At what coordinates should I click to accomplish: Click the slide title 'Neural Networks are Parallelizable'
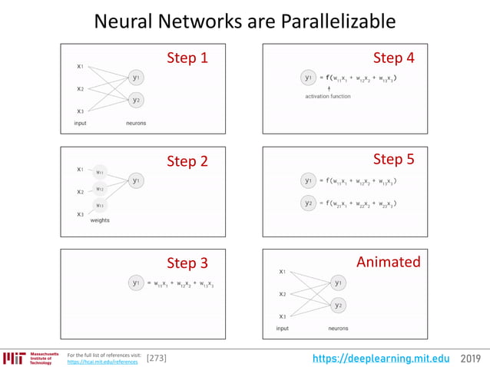click(x=244, y=21)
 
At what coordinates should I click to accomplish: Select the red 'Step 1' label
click(x=187, y=58)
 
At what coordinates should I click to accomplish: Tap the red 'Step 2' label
click(x=187, y=161)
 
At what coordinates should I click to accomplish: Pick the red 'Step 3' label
click(x=187, y=263)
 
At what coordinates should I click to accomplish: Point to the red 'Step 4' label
click(x=393, y=58)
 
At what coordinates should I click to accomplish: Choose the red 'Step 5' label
click(x=393, y=160)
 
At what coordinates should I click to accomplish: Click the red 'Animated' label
click(x=388, y=262)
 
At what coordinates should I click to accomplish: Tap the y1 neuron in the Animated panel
click(x=339, y=283)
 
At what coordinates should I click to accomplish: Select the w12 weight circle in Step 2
click(x=100, y=188)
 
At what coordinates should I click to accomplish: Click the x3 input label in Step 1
click(x=80, y=111)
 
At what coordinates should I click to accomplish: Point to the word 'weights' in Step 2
click(x=100, y=220)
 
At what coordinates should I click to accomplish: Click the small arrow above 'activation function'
click(x=329, y=88)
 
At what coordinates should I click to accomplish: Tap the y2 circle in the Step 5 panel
click(x=308, y=203)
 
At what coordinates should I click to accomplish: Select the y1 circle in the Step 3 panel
click(x=136, y=283)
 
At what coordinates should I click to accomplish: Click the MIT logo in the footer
click(x=15, y=358)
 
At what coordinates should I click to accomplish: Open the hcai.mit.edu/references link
click(x=103, y=362)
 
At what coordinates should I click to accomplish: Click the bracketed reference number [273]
click(x=156, y=358)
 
